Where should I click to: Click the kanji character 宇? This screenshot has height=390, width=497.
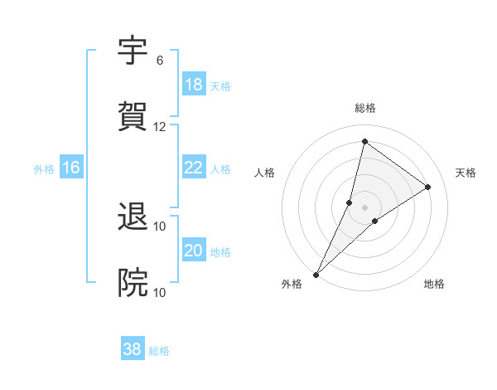pyautogui.click(x=133, y=51)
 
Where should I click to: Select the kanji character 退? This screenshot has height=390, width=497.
pyautogui.click(x=133, y=217)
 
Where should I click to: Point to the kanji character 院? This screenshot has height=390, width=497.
pyautogui.click(x=133, y=283)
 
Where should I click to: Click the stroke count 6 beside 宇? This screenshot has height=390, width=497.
pyautogui.click(x=159, y=61)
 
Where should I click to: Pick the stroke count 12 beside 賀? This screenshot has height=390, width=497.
pyautogui.click(x=160, y=127)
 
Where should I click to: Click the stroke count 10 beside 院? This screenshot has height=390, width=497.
pyautogui.click(x=160, y=292)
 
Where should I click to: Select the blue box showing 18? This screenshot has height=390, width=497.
pyautogui.click(x=194, y=85)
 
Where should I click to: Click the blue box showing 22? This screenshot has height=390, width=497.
pyautogui.click(x=194, y=168)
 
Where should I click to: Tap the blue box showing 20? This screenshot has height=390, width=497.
pyautogui.click(x=194, y=251)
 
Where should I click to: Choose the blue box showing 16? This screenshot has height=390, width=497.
pyautogui.click(x=71, y=168)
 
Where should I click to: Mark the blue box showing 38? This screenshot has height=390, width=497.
pyautogui.click(x=133, y=349)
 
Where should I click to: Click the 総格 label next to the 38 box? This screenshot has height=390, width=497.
pyautogui.click(x=159, y=351)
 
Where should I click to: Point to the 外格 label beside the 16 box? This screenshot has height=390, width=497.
pyautogui.click(x=44, y=169)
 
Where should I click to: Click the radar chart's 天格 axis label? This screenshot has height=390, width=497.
pyautogui.click(x=466, y=173)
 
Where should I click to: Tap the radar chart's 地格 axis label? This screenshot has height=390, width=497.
pyautogui.click(x=434, y=284)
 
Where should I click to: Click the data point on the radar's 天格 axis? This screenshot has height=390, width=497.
pyautogui.click(x=428, y=188)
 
